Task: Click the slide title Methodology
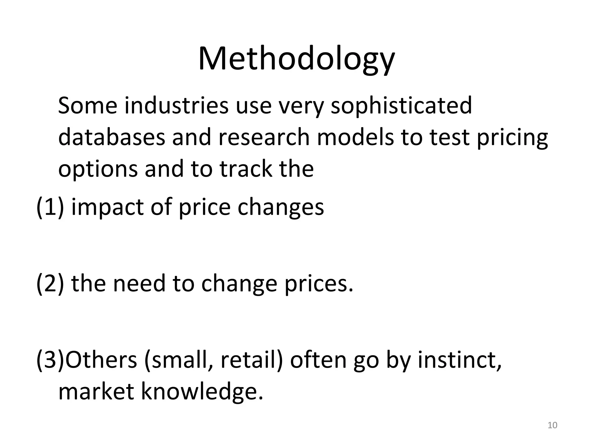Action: (296, 59)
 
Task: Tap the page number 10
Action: (552, 425)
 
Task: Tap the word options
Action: (98, 169)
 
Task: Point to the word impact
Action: (107, 208)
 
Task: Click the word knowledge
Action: (202, 392)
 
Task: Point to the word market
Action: (96, 392)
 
